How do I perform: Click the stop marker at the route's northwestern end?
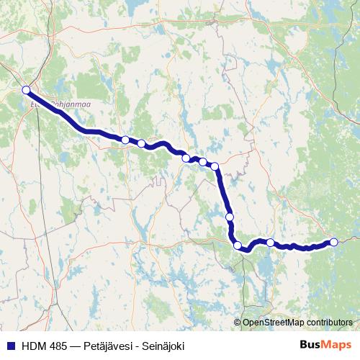click(x=26, y=90)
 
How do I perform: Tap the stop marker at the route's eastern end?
click(x=333, y=242)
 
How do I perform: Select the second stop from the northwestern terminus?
click(x=125, y=140)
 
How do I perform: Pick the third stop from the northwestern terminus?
click(x=141, y=143)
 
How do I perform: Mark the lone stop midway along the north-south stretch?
click(x=230, y=217)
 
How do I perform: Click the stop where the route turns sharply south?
click(x=215, y=167)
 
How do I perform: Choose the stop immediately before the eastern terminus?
click(x=270, y=243)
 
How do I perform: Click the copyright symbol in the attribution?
click(x=237, y=322)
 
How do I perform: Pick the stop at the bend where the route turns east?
click(x=238, y=246)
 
